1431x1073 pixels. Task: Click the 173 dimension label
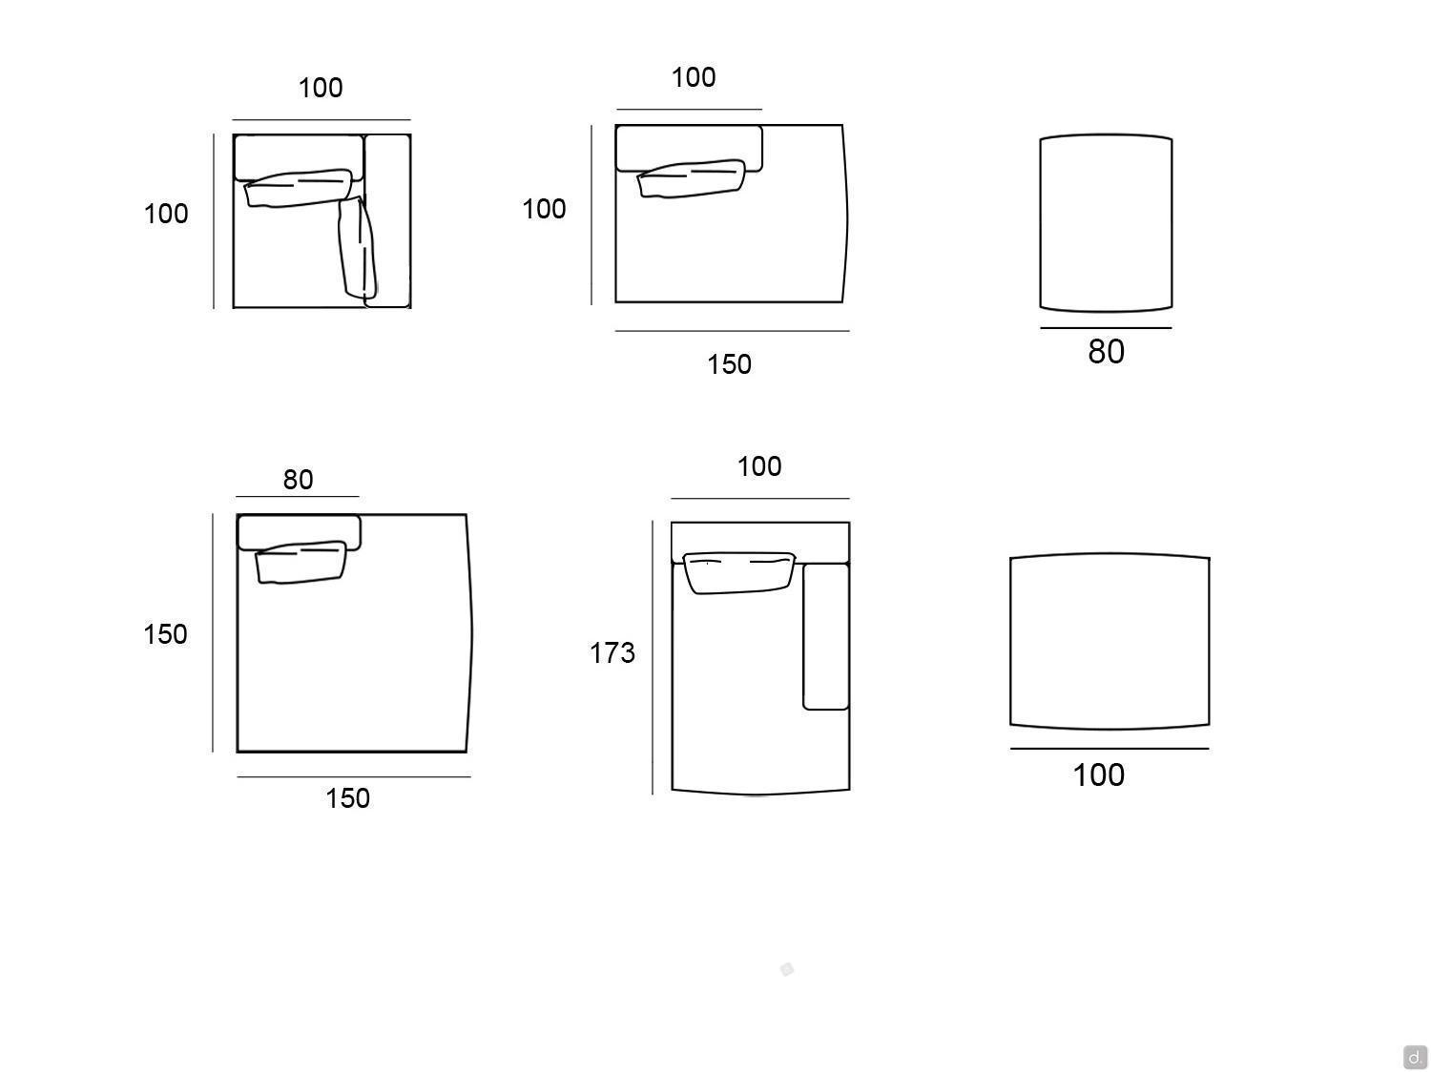click(612, 652)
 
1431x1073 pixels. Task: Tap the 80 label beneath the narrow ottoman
click(1106, 351)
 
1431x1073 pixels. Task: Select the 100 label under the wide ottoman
click(1098, 774)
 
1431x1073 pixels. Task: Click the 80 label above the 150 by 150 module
click(298, 480)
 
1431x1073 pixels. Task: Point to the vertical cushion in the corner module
click(358, 248)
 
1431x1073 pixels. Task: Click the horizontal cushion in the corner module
click(298, 188)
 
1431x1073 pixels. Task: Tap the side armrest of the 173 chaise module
click(825, 636)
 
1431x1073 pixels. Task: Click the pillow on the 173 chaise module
click(738, 572)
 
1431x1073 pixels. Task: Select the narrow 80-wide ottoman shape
click(1106, 223)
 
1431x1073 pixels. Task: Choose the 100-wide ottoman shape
click(1109, 641)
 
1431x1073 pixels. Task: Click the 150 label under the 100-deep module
click(729, 364)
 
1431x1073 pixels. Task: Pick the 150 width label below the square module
click(347, 798)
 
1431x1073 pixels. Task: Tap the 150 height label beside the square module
click(165, 634)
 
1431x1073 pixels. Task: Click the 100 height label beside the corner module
click(166, 214)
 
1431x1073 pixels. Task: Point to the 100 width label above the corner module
click(321, 88)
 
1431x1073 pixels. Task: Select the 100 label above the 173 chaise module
click(758, 466)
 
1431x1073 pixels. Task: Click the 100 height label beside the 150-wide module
click(544, 209)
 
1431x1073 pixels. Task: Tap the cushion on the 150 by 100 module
click(691, 178)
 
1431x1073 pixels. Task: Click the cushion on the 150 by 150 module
click(301, 562)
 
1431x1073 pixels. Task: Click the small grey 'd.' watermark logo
click(1414, 1057)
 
